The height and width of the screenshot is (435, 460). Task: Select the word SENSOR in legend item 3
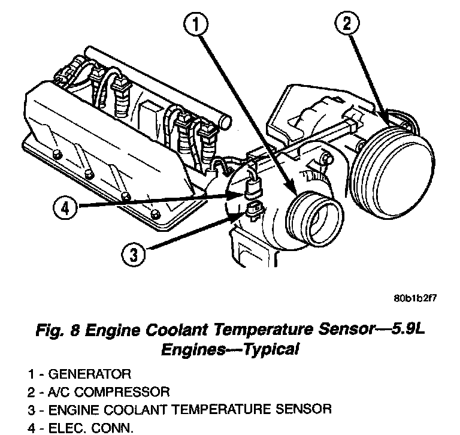[302, 410]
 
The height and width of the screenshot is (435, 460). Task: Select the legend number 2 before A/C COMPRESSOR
[30, 392]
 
